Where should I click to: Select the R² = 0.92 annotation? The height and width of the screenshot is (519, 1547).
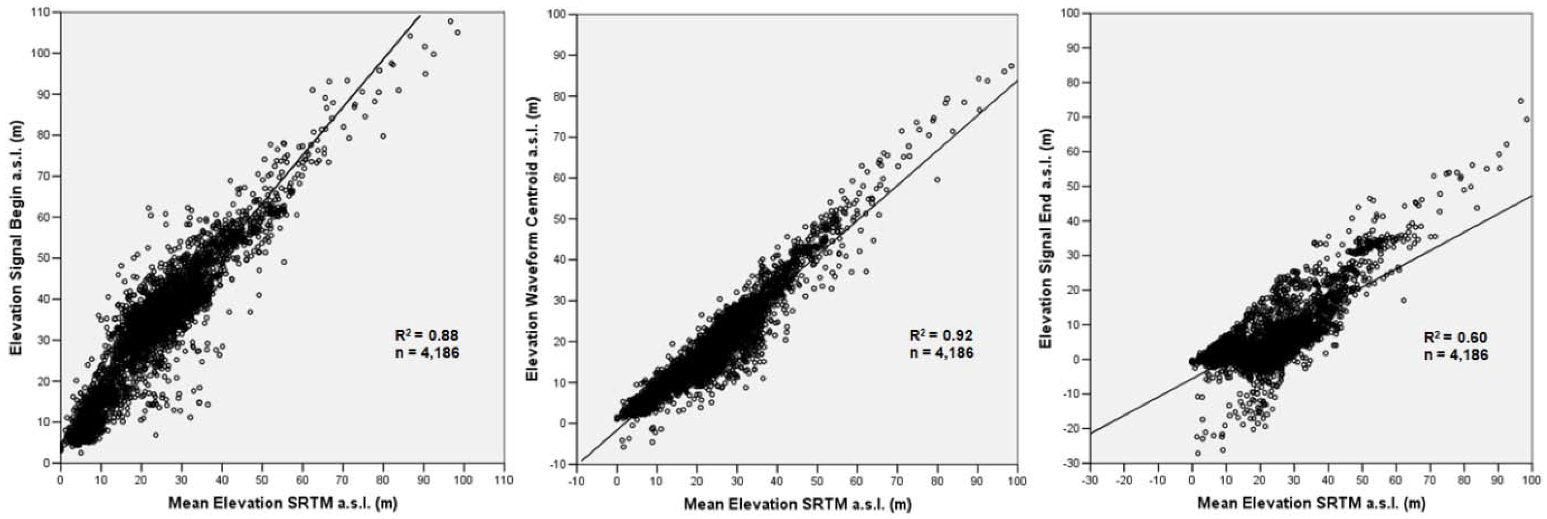point(941,334)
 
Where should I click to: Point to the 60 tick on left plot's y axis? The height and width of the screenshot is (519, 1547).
point(45,217)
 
